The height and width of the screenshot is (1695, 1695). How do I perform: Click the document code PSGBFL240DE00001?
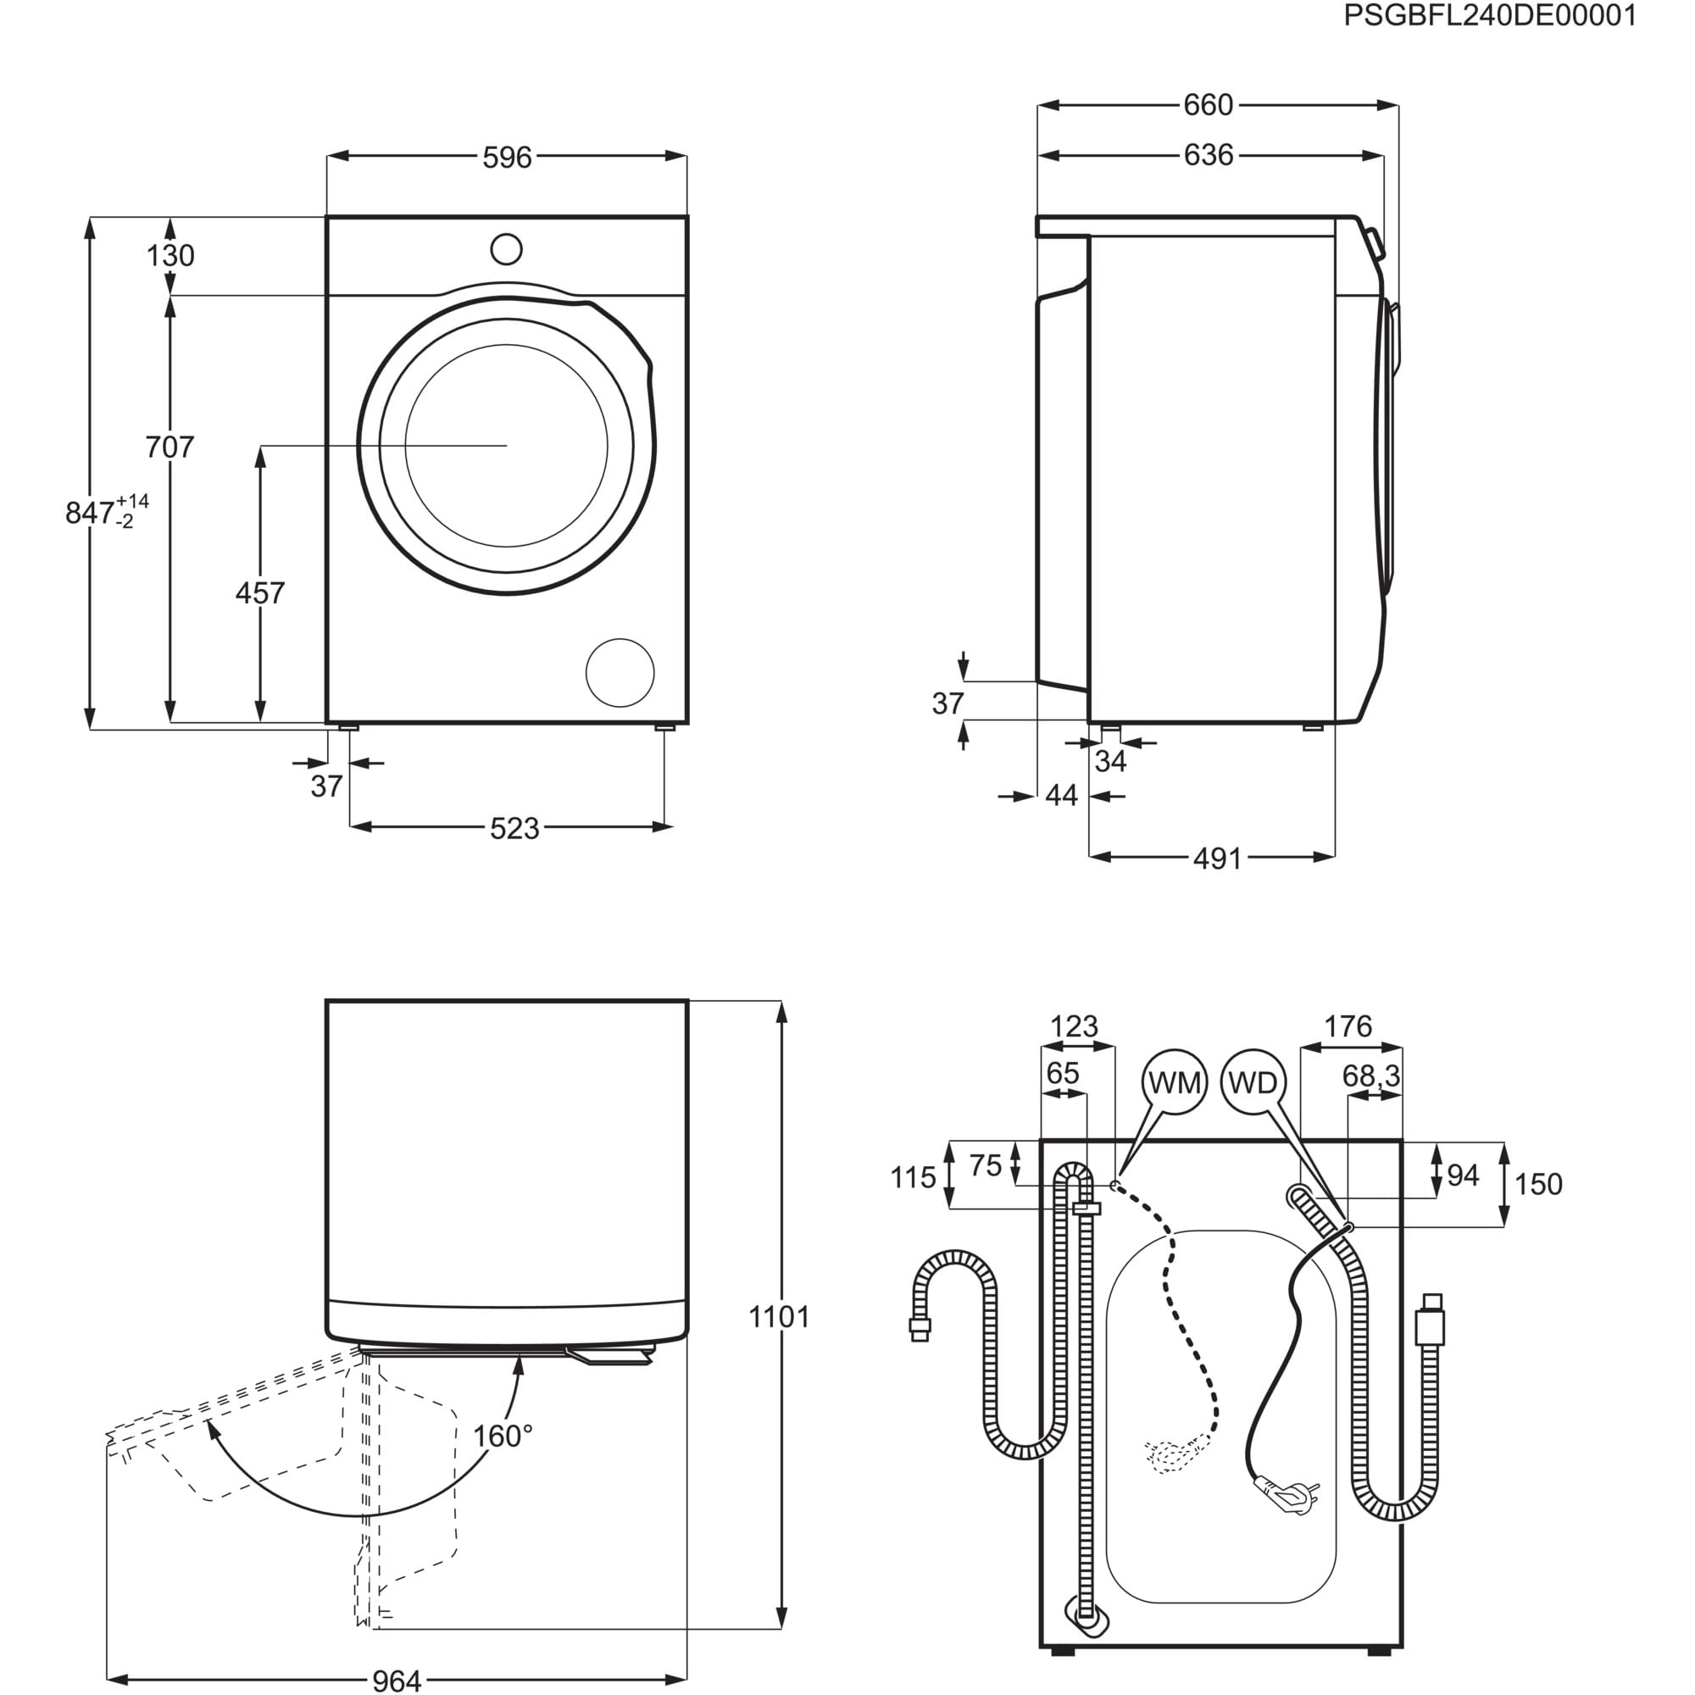pyautogui.click(x=1490, y=17)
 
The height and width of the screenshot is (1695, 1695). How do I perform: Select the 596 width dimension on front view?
pyautogui.click(x=507, y=157)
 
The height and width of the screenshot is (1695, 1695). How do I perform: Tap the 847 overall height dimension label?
pyautogui.click(x=92, y=513)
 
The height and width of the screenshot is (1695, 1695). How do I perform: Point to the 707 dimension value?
pyautogui.click(x=169, y=447)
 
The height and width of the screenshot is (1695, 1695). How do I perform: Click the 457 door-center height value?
pyautogui.click(x=260, y=593)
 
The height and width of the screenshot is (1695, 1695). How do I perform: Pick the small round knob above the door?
pyautogui.click(x=506, y=249)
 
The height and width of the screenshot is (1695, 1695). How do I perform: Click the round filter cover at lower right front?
pyautogui.click(x=620, y=673)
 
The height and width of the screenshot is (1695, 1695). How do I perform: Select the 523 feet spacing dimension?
pyautogui.click(x=514, y=828)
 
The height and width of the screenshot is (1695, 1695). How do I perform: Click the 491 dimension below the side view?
pyautogui.click(x=1218, y=858)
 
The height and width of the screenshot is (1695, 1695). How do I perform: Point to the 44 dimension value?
pyautogui.click(x=1062, y=796)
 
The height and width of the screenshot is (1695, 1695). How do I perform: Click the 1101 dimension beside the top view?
pyautogui.click(x=779, y=1317)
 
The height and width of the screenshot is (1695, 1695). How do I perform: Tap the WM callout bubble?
pyautogui.click(x=1174, y=1082)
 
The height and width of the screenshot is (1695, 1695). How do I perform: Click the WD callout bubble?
pyautogui.click(x=1253, y=1082)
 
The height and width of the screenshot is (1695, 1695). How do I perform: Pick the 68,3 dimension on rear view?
pyautogui.click(x=1371, y=1075)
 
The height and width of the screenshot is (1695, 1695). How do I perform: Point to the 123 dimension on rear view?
pyautogui.click(x=1075, y=1025)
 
